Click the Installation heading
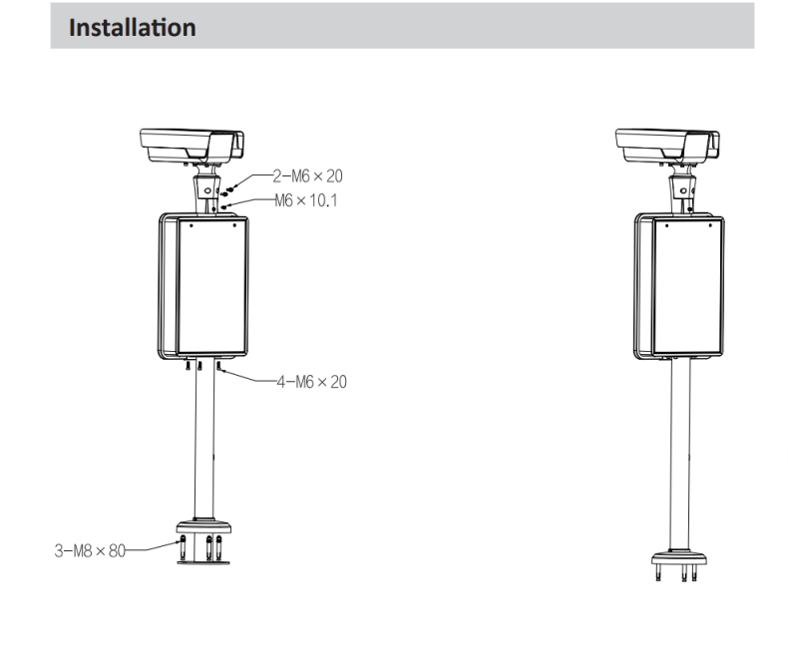132,27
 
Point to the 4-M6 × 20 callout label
311,381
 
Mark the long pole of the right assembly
681,449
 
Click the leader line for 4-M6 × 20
249,380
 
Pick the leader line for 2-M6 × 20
254,175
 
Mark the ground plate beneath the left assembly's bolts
203,561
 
